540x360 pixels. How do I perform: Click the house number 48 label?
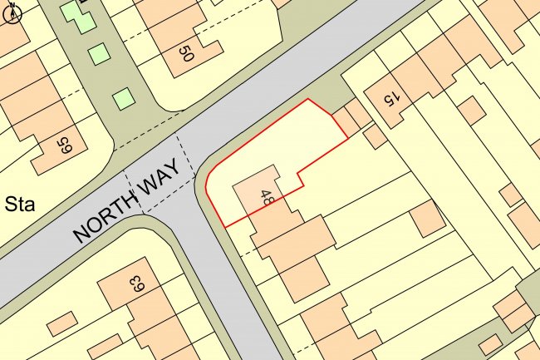pos(268,197)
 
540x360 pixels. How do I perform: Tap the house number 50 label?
pos(185,55)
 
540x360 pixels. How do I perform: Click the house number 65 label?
pos(63,148)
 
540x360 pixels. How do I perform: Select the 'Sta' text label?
pos(19,204)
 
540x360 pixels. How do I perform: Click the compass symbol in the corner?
pos(12,15)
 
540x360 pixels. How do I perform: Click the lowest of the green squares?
pos(124,98)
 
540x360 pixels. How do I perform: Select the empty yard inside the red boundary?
pos(266,141)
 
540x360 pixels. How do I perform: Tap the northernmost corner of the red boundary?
pos(309,99)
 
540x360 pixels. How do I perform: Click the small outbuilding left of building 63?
pos(60,323)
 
